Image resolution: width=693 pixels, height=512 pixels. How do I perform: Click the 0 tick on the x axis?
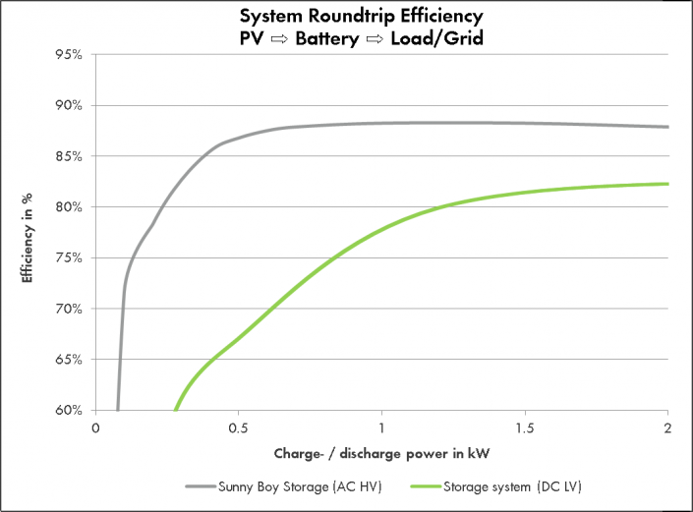click(x=95, y=428)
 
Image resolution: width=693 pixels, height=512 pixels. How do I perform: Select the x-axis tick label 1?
click(x=382, y=428)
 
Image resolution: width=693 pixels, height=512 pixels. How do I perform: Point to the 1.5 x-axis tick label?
click(x=525, y=428)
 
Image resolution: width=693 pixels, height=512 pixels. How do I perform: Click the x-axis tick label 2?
click(x=668, y=428)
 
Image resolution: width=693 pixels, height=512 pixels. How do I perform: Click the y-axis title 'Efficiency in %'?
click(x=29, y=233)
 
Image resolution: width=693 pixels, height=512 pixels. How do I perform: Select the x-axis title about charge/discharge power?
click(x=381, y=455)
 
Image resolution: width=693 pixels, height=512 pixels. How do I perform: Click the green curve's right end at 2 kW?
click(x=667, y=184)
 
